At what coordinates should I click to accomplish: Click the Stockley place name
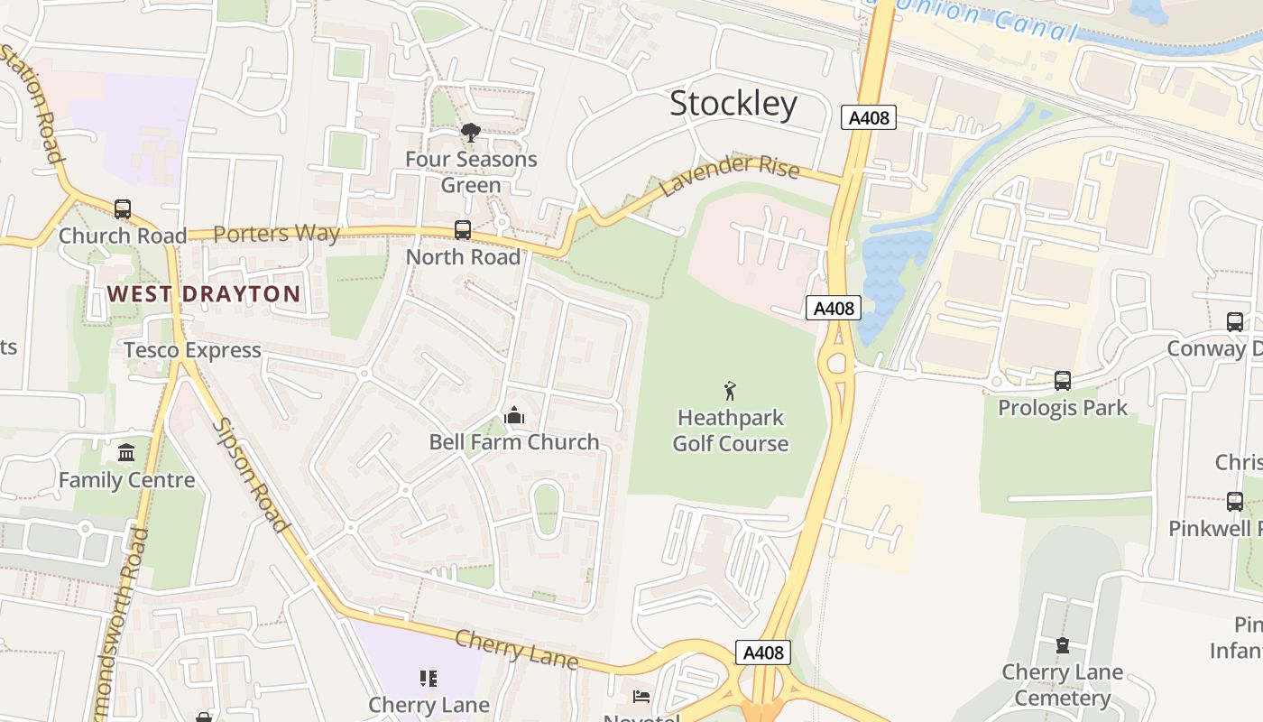[733, 105]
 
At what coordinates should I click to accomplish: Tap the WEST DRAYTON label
[204, 294]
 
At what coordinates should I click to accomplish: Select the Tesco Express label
[192, 350]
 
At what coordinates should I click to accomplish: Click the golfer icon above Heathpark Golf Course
[731, 391]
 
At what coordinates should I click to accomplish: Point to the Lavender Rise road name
[730, 173]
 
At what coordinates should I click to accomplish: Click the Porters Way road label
[277, 234]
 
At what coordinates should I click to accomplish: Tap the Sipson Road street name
[252, 475]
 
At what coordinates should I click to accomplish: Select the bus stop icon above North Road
[463, 230]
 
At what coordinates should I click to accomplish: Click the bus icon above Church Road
[123, 209]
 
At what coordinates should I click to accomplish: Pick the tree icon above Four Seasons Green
[470, 134]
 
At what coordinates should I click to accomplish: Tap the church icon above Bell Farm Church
[514, 415]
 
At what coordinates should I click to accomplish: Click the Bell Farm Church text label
[514, 442]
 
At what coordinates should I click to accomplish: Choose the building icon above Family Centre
[126, 452]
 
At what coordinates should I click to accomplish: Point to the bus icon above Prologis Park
[1063, 381]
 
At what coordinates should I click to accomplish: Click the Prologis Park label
[1063, 408]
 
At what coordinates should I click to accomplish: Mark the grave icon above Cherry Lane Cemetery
[1062, 645]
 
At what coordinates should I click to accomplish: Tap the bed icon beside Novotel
[641, 696]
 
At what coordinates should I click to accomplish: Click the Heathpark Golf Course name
[731, 430]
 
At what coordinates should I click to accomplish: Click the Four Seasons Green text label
[471, 172]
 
